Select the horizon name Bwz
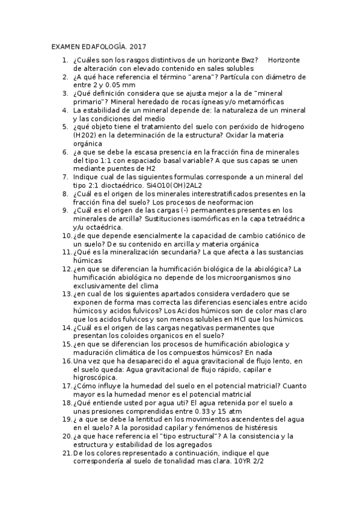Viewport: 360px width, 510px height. point(247,60)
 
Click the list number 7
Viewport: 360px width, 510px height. point(65,177)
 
